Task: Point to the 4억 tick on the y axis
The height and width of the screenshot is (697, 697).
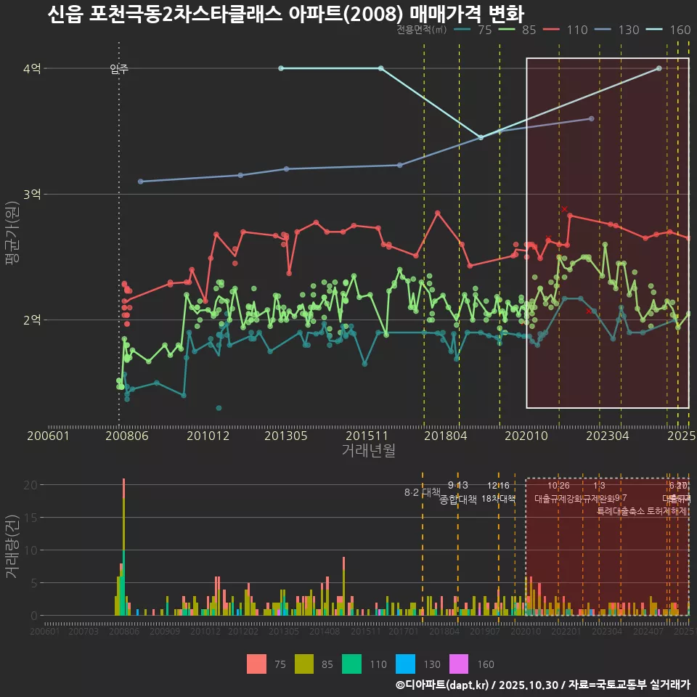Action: tap(32, 69)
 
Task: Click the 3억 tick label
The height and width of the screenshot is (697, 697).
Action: tap(32, 195)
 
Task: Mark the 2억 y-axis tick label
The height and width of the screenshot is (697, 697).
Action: tap(32, 320)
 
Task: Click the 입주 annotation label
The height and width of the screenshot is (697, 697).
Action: tap(119, 69)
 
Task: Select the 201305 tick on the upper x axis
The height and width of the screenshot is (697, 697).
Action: tap(287, 436)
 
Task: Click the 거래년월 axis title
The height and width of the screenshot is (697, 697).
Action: tap(368, 451)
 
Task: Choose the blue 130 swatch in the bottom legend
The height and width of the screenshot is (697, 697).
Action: tap(405, 664)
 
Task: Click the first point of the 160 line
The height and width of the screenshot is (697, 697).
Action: tap(281, 68)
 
